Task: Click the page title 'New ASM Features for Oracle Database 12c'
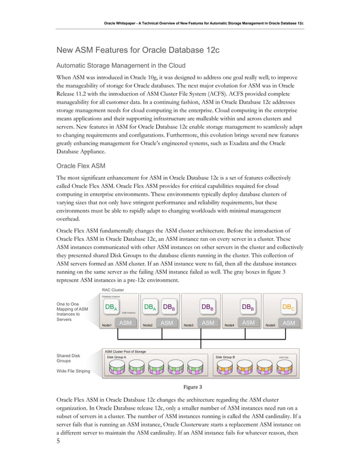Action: pos(139,51)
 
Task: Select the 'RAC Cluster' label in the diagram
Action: pos(112,290)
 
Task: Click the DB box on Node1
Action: pos(111,307)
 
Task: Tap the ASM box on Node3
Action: pos(208,323)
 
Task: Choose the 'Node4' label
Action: pos(230,325)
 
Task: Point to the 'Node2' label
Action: pos(148,325)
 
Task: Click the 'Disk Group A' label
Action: pos(117,357)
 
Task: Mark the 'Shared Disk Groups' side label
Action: pos(68,358)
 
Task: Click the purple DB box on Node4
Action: pos(247,307)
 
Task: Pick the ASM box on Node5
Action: pos(289,323)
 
